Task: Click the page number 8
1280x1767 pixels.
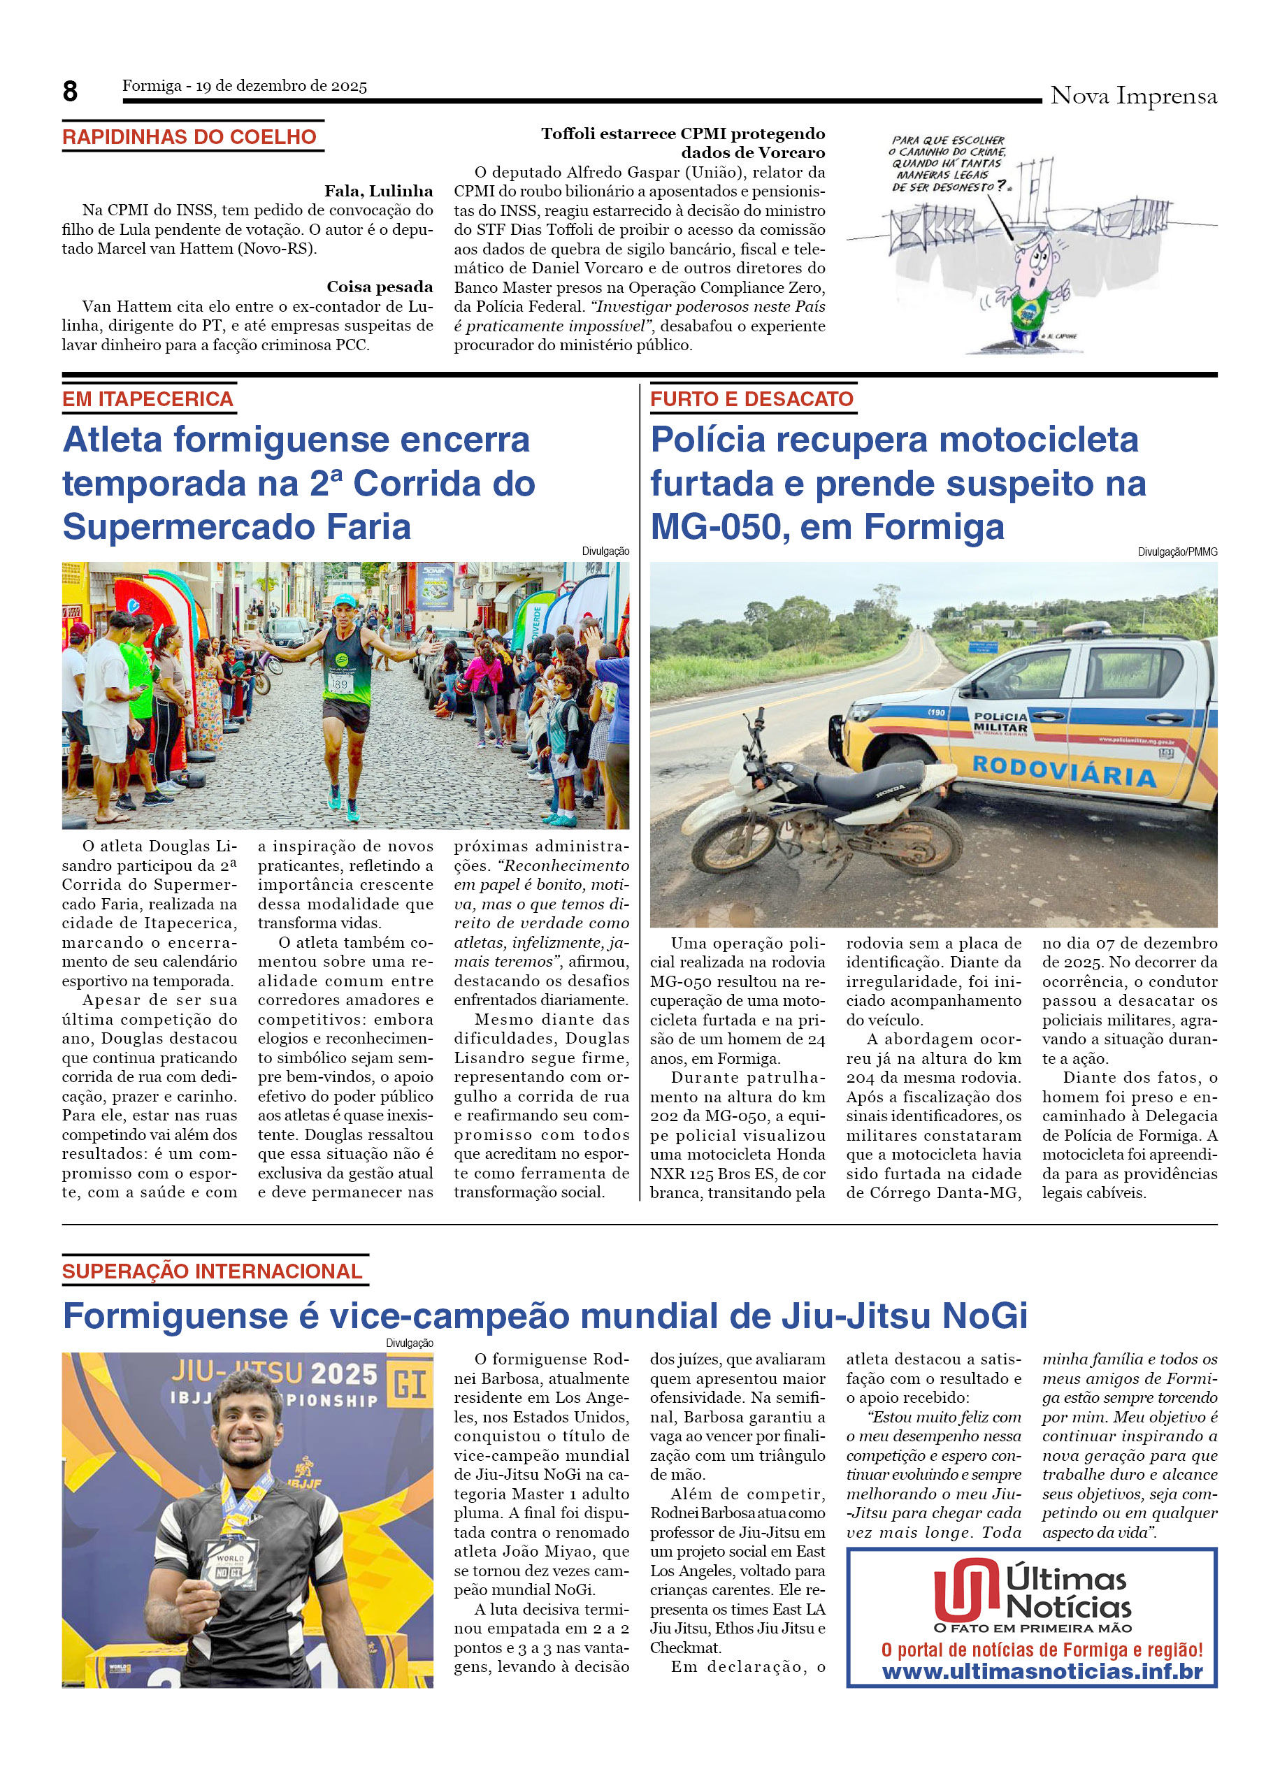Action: [x=70, y=92]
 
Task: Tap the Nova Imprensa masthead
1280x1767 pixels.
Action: [x=1132, y=96]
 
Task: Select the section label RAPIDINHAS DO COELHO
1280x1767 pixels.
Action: [x=189, y=137]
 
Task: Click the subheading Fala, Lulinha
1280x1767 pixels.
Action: [x=379, y=191]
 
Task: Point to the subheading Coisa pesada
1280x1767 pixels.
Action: [x=380, y=287]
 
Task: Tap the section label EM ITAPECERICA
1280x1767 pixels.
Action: [x=148, y=399]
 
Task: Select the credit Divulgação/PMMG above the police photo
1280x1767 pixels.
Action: [x=1177, y=551]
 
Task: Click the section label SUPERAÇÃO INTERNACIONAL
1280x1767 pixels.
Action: [x=212, y=1271]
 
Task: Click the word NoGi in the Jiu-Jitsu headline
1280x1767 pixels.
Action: [x=985, y=1316]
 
